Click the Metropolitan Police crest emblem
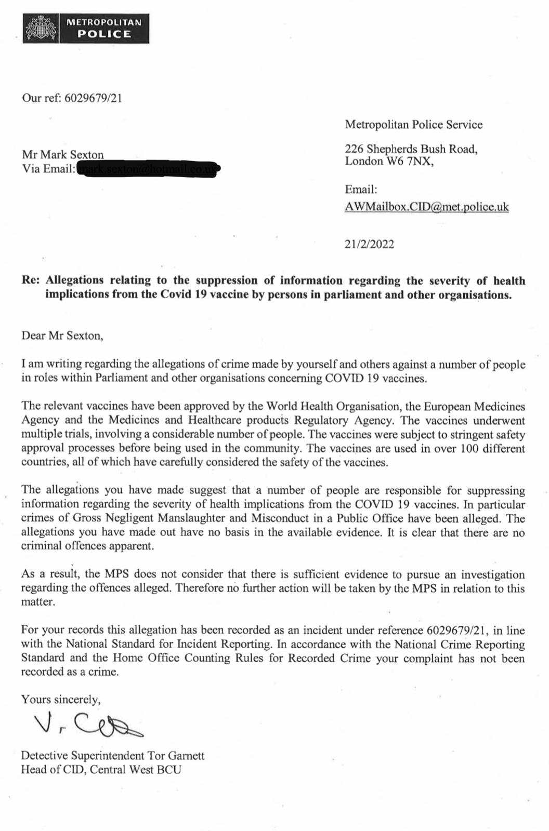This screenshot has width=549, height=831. (41, 29)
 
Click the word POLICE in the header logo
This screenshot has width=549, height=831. (104, 34)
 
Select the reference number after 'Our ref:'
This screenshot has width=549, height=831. (93, 98)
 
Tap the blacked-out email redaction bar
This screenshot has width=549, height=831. (148, 169)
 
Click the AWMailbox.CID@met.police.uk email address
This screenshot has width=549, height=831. (427, 207)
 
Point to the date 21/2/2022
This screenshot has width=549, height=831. (369, 244)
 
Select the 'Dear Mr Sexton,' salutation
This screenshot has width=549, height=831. (62, 336)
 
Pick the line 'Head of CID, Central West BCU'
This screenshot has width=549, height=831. (101, 770)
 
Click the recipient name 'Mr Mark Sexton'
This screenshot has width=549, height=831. (62, 155)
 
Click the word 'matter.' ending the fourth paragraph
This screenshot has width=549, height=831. (38, 602)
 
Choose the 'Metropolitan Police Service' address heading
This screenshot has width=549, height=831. (414, 125)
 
